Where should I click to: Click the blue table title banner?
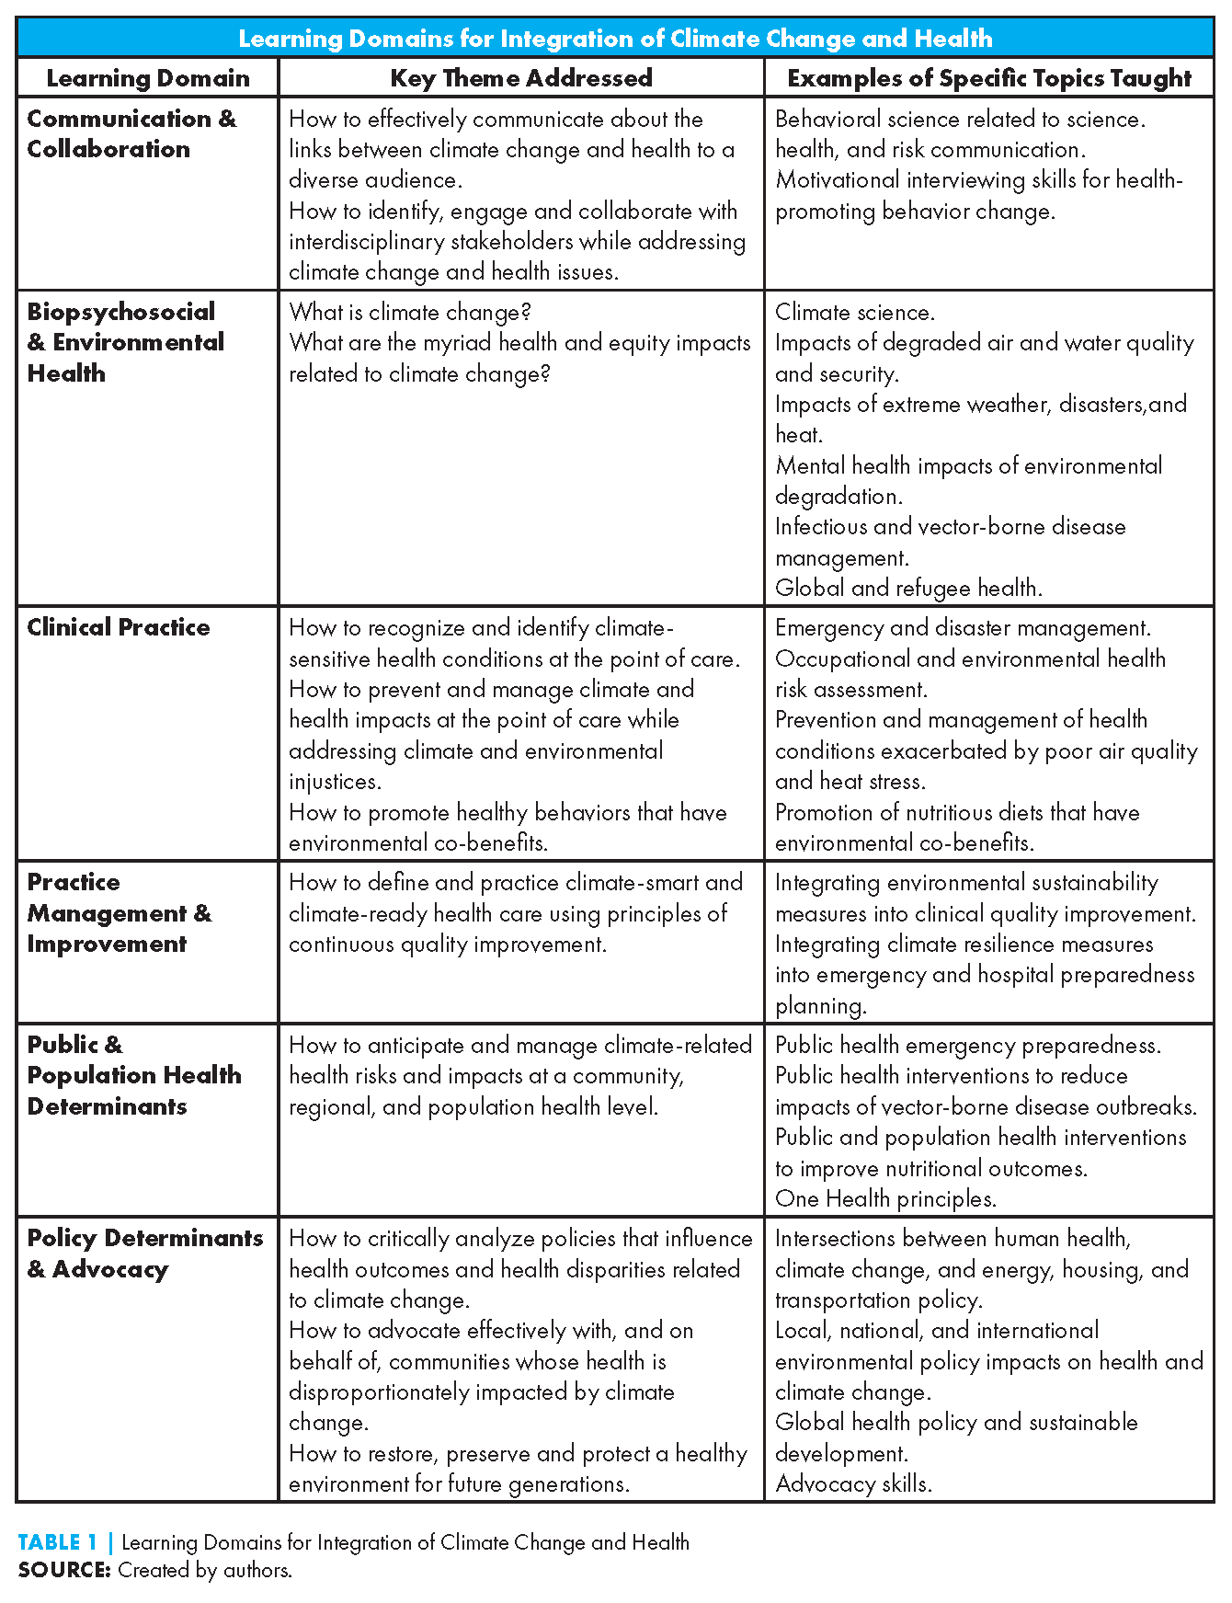(x=615, y=39)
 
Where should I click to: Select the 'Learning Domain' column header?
(x=148, y=78)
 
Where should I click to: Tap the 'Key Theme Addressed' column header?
(x=521, y=78)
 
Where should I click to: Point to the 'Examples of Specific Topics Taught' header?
(x=989, y=78)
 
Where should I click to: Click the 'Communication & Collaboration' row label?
(x=131, y=134)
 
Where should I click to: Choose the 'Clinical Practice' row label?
(x=119, y=628)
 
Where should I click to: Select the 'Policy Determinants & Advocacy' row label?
(x=144, y=1254)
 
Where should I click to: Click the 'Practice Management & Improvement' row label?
(x=120, y=913)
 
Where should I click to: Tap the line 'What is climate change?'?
(x=410, y=313)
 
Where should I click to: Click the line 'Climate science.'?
(x=855, y=313)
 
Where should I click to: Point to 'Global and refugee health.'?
(x=908, y=589)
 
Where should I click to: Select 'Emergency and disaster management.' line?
(x=963, y=628)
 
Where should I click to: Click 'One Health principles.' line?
(x=885, y=1199)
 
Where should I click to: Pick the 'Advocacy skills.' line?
(x=853, y=1484)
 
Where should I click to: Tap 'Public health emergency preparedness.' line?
(x=968, y=1046)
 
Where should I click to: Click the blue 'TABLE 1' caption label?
(x=57, y=1542)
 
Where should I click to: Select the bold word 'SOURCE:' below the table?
(x=64, y=1570)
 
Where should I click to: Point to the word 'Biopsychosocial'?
(x=121, y=312)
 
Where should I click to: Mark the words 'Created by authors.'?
(x=205, y=1570)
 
